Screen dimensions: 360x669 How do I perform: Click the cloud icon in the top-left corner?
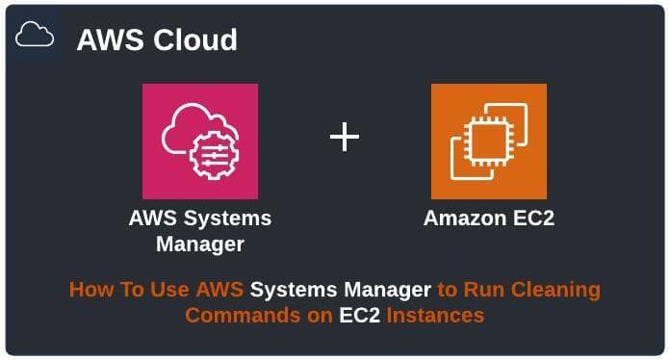click(x=35, y=37)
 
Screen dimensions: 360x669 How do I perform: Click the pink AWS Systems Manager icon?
click(x=200, y=141)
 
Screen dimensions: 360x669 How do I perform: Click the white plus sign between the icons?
click(x=345, y=138)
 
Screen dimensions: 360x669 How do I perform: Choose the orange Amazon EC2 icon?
click(x=488, y=141)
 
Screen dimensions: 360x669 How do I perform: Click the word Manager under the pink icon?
click(x=200, y=244)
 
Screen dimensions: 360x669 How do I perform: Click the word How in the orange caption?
click(x=90, y=289)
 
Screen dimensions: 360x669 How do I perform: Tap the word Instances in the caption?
click(x=435, y=315)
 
